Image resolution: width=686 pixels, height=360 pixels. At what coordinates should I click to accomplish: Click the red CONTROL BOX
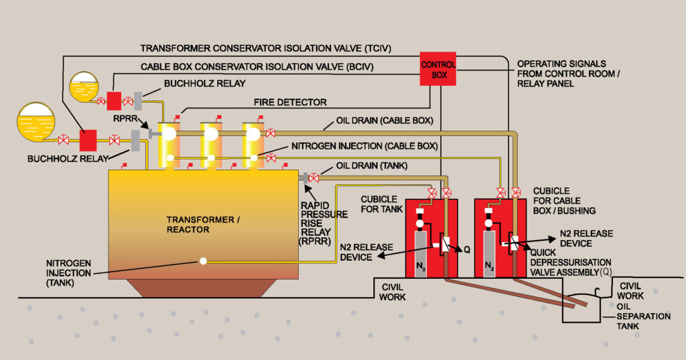pos(438,69)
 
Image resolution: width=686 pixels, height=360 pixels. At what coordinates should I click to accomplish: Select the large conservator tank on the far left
pos(38,121)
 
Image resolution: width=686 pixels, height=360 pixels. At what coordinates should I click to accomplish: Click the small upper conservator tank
pos(83,86)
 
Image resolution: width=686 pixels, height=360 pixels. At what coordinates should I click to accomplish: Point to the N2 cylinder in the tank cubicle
pos(421,255)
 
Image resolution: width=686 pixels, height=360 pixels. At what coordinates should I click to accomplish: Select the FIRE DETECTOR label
pos(291,103)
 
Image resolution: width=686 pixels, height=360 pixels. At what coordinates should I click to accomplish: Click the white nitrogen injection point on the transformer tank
pos(202,261)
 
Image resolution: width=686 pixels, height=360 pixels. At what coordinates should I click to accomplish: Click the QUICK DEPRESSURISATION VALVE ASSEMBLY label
pos(571,263)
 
